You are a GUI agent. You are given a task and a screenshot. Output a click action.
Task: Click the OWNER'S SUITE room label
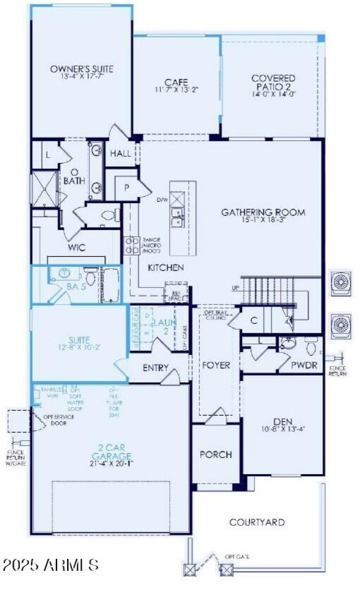(x=81, y=69)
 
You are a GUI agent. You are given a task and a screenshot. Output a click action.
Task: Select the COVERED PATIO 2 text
(x=273, y=82)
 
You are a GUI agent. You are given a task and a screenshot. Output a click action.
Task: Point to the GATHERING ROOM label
(x=263, y=212)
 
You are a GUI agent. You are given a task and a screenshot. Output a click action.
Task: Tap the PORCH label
(x=216, y=454)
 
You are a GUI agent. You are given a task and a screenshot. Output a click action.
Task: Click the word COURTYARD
(x=257, y=522)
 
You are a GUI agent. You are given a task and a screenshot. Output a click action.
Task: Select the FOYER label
(x=216, y=365)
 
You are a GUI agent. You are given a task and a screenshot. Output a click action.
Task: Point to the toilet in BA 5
(x=89, y=278)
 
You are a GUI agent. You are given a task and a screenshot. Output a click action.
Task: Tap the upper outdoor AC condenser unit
(x=341, y=282)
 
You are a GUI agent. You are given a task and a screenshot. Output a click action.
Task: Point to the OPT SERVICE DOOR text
(x=58, y=420)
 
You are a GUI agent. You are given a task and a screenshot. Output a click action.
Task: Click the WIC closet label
(x=76, y=248)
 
